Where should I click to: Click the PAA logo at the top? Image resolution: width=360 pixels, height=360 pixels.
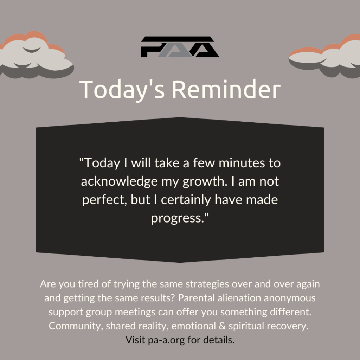pyautogui.click(x=180, y=47)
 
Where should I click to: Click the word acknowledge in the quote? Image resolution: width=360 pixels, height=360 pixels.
pyautogui.click(x=119, y=182)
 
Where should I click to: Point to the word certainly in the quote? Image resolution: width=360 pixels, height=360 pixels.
pyautogui.click(x=186, y=200)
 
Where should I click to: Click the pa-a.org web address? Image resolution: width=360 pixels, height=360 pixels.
pyautogui.click(x=166, y=340)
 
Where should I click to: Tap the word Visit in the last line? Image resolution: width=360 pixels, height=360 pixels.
pyautogui.click(x=135, y=340)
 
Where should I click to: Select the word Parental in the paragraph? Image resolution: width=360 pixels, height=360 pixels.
pyautogui.click(x=196, y=298)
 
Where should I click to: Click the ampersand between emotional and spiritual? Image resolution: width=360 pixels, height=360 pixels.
pyautogui.click(x=222, y=326)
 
